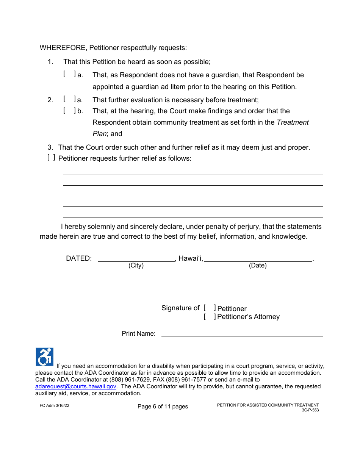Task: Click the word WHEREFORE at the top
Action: point(63,48)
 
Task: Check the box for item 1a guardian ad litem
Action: point(69,75)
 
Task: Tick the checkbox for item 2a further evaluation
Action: point(69,100)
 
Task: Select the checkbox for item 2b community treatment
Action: point(69,111)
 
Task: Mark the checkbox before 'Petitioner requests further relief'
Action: point(51,158)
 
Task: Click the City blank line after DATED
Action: point(136,259)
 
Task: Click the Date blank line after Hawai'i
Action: point(258,259)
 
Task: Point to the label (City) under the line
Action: point(136,266)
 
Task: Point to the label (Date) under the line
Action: point(258,266)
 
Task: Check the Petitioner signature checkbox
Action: point(210,308)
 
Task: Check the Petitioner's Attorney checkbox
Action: point(210,317)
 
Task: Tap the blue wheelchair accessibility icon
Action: point(45,357)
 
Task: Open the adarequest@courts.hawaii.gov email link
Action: point(75,386)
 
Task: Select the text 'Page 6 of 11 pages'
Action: point(163,407)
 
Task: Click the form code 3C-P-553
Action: point(310,410)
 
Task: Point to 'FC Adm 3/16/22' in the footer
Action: point(54,405)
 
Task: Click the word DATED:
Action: point(79,258)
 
